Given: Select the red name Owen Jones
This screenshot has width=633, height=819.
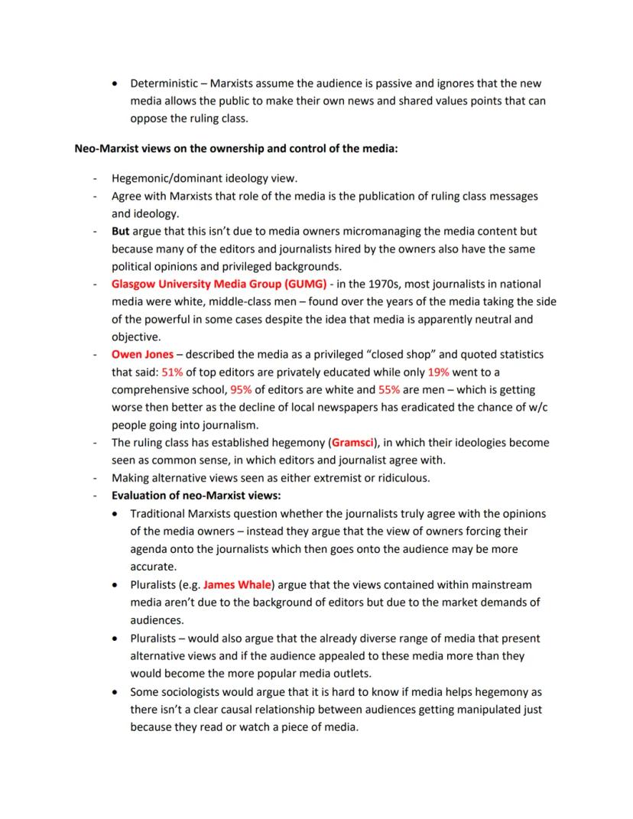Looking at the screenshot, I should click(142, 355).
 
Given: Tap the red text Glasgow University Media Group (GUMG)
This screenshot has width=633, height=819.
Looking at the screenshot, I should click(219, 283).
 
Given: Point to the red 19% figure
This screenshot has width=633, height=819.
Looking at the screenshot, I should click(438, 372).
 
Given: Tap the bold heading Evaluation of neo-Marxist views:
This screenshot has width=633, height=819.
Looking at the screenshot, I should click(196, 496).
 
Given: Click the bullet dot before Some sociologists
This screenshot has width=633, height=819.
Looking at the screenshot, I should click(115, 691).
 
